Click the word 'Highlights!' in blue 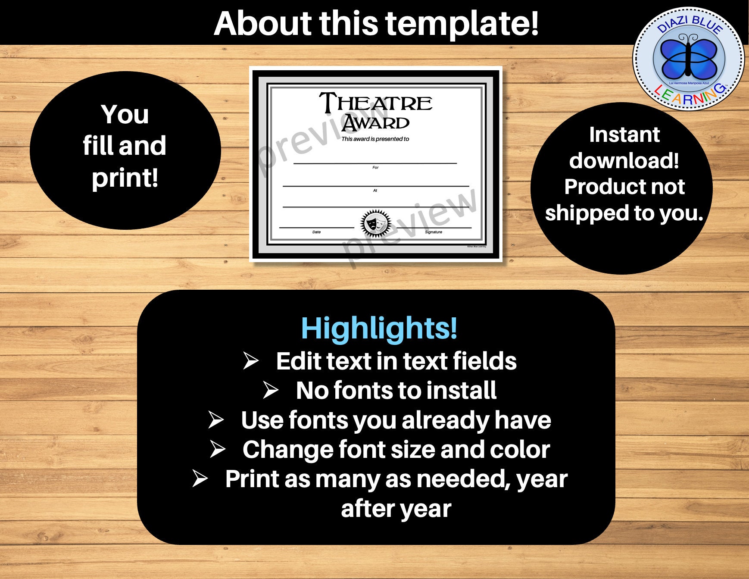click(379, 328)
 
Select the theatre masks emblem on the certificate click(376, 223)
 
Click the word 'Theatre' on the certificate click(375, 103)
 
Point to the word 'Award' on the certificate click(375, 123)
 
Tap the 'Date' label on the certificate click(316, 232)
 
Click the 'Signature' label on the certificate click(434, 232)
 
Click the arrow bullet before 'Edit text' click(250, 361)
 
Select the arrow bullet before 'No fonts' click(271, 390)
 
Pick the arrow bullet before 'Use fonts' click(215, 420)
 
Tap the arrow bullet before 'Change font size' click(217, 449)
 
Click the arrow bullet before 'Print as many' click(200, 479)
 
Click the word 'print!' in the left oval click(125, 177)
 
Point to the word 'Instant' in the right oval click(624, 135)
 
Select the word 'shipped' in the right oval click(587, 213)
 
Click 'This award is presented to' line click(375, 139)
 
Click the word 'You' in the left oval click(125, 114)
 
